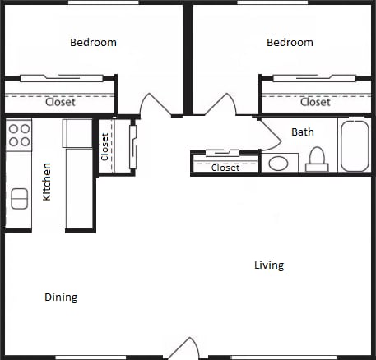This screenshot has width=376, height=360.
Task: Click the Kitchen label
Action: (x=47, y=182)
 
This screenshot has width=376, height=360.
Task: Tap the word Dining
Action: (x=61, y=298)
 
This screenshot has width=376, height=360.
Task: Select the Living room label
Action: (x=269, y=265)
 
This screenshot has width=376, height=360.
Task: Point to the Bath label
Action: (x=303, y=132)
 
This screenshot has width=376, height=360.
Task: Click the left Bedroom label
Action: (x=93, y=43)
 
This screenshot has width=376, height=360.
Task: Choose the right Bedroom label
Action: (x=290, y=43)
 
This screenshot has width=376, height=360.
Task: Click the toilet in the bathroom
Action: (x=317, y=159)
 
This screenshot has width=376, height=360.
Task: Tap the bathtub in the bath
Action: (x=355, y=146)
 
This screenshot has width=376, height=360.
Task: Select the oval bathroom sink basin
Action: (x=278, y=164)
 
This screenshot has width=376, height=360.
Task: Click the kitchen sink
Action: (x=20, y=199)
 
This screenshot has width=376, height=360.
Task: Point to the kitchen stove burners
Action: (x=19, y=135)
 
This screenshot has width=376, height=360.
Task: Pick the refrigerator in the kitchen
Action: (x=77, y=133)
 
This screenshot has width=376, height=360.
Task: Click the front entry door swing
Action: (x=183, y=348)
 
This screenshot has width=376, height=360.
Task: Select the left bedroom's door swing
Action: (x=155, y=104)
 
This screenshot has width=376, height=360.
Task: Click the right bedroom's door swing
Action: (x=220, y=104)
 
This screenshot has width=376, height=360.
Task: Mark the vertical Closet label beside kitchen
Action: (x=104, y=147)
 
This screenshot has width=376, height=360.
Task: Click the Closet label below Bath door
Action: (x=225, y=168)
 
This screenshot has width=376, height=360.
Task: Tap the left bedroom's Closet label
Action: (x=60, y=102)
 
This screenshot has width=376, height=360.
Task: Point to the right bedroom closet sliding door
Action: (x=314, y=78)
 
